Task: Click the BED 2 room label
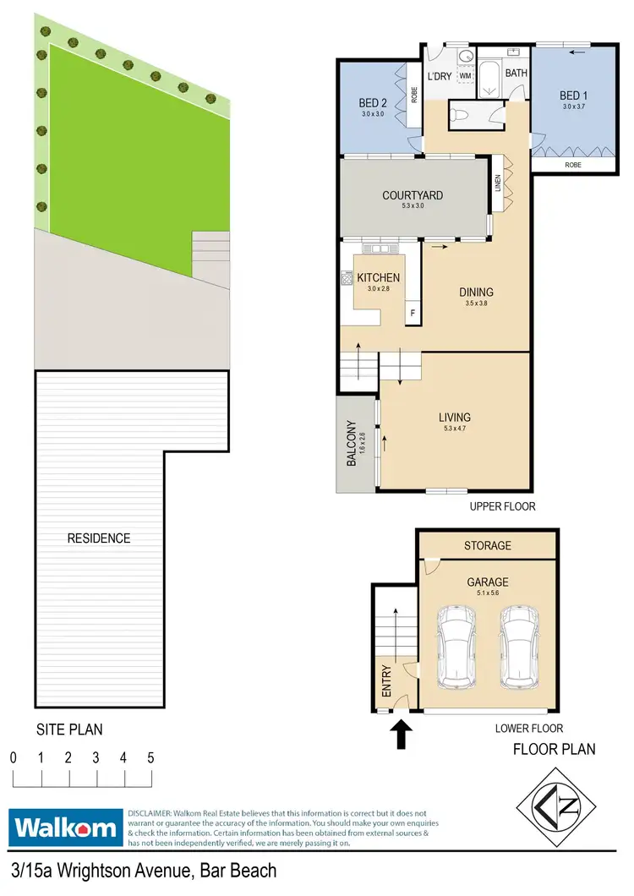(372, 104)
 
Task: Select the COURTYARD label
(413, 196)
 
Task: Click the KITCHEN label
(378, 277)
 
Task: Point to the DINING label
(477, 292)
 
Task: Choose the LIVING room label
(455, 417)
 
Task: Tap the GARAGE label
(488, 582)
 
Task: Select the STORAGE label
(488, 546)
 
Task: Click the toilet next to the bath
(463, 112)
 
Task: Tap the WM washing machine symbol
(465, 76)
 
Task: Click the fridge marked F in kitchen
(413, 314)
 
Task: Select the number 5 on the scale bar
(150, 757)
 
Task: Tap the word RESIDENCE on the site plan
(99, 538)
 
